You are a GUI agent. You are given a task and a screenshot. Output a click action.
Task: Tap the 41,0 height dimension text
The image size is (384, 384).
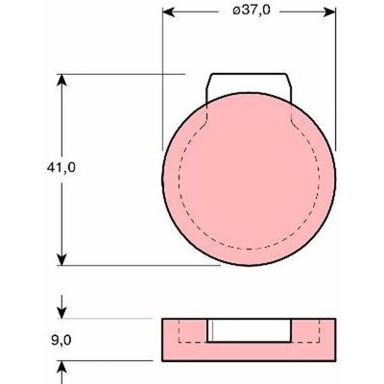[x=61, y=167]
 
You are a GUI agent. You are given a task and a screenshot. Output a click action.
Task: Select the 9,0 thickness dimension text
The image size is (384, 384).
[x=61, y=340]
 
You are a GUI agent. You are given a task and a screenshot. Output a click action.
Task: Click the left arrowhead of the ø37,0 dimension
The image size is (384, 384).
[x=168, y=12]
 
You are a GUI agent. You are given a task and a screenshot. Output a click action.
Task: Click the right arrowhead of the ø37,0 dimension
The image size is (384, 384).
[x=329, y=12]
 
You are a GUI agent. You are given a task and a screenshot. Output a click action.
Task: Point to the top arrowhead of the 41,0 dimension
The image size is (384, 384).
[x=61, y=80]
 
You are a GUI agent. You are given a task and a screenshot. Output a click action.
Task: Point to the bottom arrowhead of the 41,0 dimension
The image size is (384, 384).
[x=61, y=259]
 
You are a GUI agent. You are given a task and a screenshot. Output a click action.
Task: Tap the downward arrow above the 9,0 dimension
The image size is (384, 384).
[x=61, y=307]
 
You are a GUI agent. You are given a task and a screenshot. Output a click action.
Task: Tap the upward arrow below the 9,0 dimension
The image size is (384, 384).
[x=61, y=372]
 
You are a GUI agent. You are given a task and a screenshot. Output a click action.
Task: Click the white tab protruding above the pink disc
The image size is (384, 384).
[x=249, y=84]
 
